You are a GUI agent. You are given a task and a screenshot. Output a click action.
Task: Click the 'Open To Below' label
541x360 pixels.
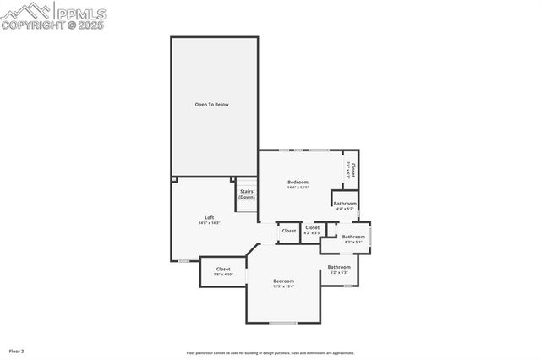coord(212,105)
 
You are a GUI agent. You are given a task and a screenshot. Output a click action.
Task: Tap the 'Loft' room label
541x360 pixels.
coord(209,217)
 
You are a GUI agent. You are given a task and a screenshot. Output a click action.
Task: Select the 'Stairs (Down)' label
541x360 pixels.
coord(246,194)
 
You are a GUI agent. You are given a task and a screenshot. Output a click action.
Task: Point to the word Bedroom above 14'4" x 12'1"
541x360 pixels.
coord(298,182)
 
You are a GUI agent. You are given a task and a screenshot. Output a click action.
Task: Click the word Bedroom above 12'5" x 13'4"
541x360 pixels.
coord(283,281)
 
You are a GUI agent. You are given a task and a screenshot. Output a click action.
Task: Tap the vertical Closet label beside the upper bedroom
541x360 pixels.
coord(352,169)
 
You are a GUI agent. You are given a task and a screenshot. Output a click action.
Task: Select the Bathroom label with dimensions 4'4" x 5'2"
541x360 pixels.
coord(344,204)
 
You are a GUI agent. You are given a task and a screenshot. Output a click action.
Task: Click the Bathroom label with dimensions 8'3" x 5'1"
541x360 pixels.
coord(353,237)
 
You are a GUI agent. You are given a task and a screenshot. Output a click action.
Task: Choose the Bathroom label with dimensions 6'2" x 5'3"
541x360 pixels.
coord(339,267)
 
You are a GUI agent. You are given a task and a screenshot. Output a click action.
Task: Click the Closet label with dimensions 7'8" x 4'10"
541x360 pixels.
coord(222,269)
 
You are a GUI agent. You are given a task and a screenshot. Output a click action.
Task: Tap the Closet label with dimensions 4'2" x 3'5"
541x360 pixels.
coord(312,226)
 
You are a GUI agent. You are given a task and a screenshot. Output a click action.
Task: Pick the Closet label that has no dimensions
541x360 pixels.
coord(289,231)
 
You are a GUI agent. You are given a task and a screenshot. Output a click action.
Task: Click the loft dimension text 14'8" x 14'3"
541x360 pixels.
coord(209,223)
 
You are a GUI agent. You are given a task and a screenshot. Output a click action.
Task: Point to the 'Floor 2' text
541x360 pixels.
coord(17,351)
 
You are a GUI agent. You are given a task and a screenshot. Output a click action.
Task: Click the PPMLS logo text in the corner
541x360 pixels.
coord(80,13)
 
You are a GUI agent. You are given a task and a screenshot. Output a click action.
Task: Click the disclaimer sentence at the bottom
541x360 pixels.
coord(270,353)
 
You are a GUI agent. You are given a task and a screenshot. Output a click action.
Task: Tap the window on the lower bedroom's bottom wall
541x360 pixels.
coord(283,323)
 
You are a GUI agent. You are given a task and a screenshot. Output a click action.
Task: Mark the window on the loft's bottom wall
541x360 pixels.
coord(183,261)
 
